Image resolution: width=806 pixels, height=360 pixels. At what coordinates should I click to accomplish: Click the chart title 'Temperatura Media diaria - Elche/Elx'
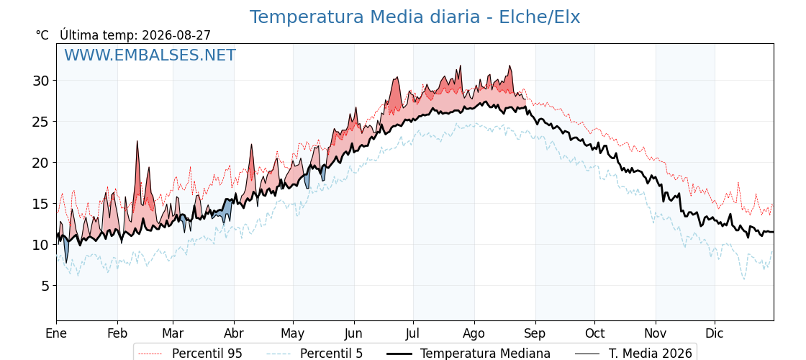[x=415, y=17]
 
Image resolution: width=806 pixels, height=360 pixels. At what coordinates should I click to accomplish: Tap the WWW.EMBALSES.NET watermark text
[x=150, y=55]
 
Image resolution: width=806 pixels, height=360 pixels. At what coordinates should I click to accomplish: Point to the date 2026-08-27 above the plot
[x=176, y=35]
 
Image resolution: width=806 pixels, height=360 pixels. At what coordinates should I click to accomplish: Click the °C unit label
[x=42, y=35]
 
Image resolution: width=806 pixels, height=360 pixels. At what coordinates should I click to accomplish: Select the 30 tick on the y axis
[x=40, y=80]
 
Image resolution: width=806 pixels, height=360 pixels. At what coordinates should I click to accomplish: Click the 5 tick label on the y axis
[x=45, y=285]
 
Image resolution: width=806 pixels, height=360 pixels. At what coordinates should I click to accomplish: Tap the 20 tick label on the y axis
[x=40, y=163]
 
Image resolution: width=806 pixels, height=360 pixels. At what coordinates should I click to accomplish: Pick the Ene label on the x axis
[x=56, y=334]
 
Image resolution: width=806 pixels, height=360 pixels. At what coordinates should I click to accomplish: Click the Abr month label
[x=234, y=334]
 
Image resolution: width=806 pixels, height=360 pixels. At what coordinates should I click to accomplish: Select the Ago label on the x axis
[x=474, y=334]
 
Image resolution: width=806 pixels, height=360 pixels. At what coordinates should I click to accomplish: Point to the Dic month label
[x=715, y=334]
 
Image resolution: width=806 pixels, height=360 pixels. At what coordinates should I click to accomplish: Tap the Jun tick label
[x=353, y=334]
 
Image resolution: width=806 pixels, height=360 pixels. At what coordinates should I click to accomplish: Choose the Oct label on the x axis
[x=594, y=334]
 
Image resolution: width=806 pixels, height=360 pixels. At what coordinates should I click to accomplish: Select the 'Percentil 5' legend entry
[x=314, y=354]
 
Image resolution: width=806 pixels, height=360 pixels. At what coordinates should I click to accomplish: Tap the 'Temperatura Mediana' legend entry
[x=468, y=354]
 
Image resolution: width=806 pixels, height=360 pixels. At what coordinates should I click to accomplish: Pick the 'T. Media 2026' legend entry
[x=633, y=354]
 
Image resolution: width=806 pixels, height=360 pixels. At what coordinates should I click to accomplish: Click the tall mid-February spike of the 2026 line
[x=137, y=141]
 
